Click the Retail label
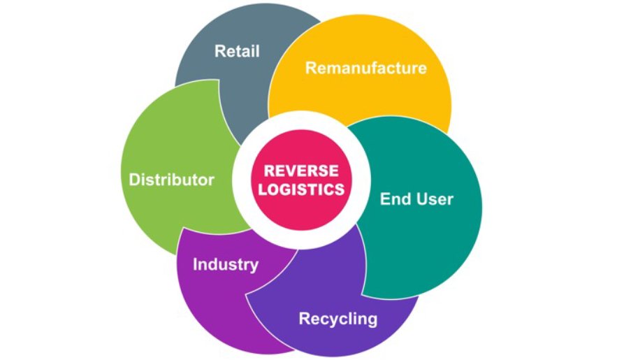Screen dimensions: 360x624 point(237,51)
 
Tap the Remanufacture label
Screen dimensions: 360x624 point(365,68)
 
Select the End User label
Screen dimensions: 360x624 point(416,199)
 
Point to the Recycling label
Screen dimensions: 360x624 point(338,319)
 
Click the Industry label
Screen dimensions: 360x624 point(225,265)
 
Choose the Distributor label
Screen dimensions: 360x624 point(171,180)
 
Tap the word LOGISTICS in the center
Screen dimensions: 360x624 point(300,189)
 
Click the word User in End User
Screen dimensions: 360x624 point(434,199)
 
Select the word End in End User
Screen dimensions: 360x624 point(394,199)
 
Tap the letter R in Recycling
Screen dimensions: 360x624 point(304,319)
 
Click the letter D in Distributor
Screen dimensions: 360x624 point(133,180)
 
